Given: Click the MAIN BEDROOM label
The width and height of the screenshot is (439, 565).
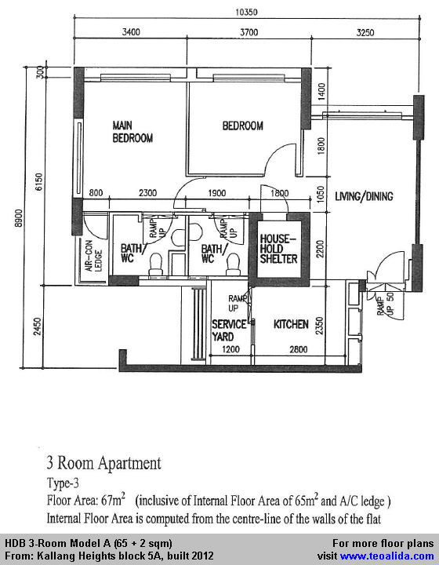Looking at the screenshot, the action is pos(132,132).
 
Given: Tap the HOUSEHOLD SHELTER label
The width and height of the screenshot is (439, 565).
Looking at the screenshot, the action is pos(279,249).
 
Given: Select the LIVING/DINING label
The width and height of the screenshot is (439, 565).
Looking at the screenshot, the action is pos(364,196).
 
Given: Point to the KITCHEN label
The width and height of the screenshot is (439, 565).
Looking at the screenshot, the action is pos(291,324).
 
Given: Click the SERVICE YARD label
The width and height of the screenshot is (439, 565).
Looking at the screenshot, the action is pos(229,330).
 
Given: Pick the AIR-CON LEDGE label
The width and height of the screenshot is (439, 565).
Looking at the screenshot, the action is pos(93,256).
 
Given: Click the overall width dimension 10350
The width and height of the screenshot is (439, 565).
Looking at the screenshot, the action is pos(246,13).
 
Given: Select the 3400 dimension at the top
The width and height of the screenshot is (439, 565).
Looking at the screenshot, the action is pos(131,32).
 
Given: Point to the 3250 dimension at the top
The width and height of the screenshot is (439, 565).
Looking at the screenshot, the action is pos(365,32).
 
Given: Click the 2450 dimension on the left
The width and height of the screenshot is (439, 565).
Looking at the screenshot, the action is pos(38,326).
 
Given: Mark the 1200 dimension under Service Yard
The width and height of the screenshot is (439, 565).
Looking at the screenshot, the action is pos(230,348).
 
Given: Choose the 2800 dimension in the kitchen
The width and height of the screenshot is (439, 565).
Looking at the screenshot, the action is pos(299,348).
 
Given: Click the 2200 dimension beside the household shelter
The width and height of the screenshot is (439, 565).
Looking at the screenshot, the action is pos(321,249).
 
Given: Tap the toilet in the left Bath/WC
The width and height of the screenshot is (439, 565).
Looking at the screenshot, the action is pos(156,264).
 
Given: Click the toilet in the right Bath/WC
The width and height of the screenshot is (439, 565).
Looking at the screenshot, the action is pos(233,264).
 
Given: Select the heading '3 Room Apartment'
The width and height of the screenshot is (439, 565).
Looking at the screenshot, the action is pos(104,464).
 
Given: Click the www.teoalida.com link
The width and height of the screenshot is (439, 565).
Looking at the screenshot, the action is pos(386,556).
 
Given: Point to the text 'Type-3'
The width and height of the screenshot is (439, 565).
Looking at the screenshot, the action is pos(63,483).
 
